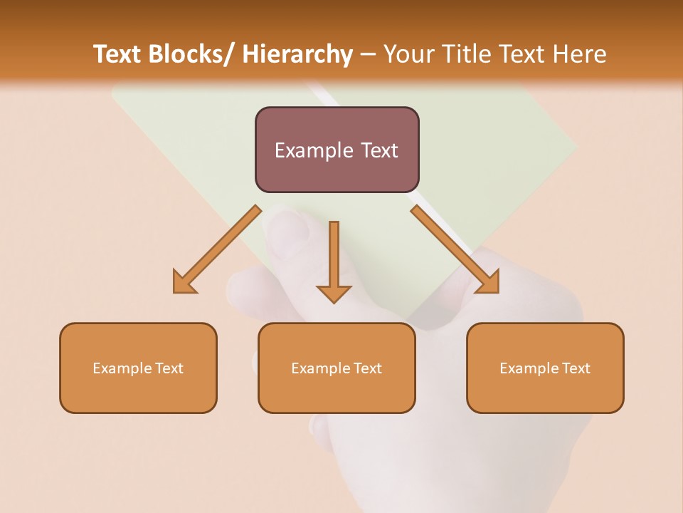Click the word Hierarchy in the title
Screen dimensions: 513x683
pos(297,54)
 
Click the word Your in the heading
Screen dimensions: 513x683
pos(406,54)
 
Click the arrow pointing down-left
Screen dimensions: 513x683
pos(221,247)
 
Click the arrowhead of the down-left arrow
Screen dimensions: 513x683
pos(184,284)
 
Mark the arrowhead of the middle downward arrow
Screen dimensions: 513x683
pos(334,293)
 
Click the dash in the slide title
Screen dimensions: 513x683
pos(368,54)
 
